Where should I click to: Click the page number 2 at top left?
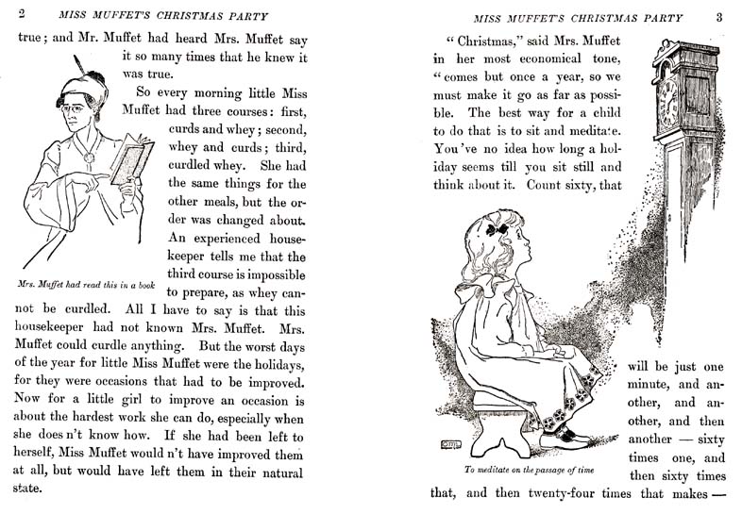(x=21, y=14)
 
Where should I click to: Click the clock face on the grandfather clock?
(x=668, y=101)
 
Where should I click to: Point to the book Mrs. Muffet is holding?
(x=130, y=158)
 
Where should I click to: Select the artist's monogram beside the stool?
(x=449, y=444)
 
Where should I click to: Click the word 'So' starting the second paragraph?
(x=144, y=94)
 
